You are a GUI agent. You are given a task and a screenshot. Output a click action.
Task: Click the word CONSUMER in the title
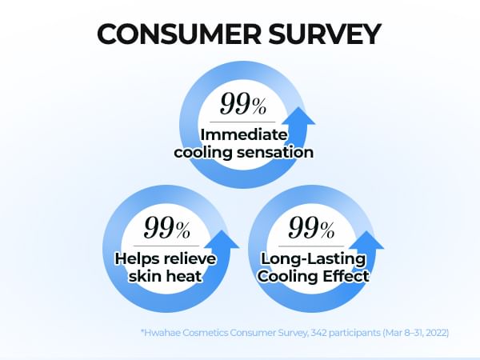179,34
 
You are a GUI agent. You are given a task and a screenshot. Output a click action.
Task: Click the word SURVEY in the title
325,34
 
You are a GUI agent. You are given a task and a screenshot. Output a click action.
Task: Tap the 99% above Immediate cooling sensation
243,104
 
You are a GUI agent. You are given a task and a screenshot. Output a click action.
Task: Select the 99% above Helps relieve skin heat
167,227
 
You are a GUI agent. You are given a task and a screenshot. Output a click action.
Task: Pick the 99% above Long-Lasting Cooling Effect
311,227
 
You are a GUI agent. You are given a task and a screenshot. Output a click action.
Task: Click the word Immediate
244,134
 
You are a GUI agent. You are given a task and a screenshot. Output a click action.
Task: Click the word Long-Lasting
313,258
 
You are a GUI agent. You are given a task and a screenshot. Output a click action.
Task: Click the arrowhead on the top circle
298,116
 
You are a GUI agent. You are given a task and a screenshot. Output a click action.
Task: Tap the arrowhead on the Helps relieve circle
222,240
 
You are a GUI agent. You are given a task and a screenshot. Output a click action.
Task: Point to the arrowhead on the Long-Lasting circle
366,240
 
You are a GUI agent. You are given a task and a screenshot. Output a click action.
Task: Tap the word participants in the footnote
354,333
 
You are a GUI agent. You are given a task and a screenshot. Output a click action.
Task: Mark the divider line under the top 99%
242,122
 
